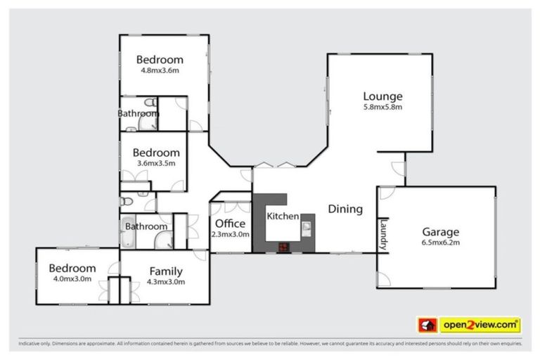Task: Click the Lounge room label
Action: [382, 96]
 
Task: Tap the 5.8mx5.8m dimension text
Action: [382, 108]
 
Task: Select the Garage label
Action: [440, 231]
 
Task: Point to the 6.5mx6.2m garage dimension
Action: [440, 243]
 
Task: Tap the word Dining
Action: [345, 209]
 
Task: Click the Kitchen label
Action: [283, 217]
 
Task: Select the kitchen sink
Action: [307, 227]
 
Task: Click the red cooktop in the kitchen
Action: [284, 246]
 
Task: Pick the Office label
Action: [230, 224]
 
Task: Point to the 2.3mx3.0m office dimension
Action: [230, 234]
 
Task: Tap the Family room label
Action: [166, 271]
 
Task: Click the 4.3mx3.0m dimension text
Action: [166, 282]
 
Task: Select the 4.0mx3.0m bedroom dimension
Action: [72, 279]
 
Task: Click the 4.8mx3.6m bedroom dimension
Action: [160, 70]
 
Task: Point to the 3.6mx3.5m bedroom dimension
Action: [156, 163]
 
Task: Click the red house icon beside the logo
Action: [426, 325]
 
